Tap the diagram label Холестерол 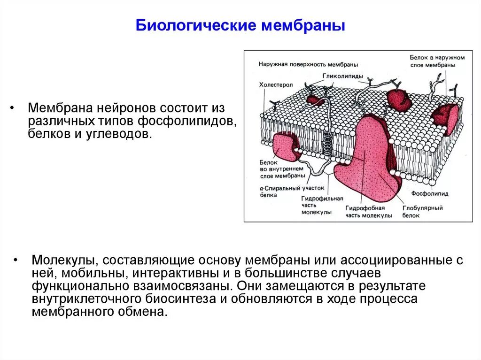click(276, 85)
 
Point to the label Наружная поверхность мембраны click(308, 64)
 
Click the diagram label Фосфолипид click(429, 193)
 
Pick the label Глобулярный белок click(422, 212)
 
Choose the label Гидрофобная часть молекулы click(369, 212)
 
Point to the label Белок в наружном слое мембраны click(437, 61)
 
